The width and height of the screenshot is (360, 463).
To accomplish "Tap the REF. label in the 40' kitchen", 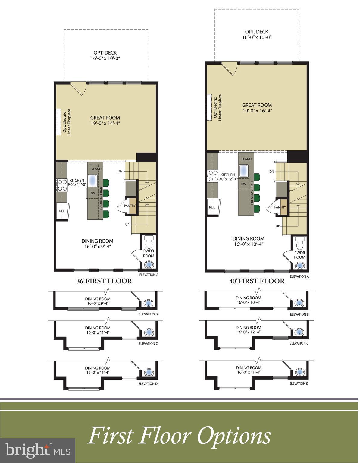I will [212, 207].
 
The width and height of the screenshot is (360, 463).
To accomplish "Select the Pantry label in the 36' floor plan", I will [130, 206].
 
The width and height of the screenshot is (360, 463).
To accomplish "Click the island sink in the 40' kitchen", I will [243, 171].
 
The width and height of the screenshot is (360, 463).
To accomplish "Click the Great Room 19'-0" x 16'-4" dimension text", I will [257, 111].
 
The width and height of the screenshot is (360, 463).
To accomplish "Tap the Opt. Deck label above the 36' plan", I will [105, 53].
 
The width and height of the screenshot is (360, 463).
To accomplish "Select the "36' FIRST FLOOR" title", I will [104, 281].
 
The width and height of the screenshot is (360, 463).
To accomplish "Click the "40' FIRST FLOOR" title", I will [257, 281].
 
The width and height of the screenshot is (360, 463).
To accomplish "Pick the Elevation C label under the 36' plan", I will [148, 344].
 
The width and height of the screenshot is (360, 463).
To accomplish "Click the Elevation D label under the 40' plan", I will [299, 383].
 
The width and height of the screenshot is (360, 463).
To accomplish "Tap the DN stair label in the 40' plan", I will [272, 172].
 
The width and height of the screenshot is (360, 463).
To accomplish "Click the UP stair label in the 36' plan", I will [127, 225].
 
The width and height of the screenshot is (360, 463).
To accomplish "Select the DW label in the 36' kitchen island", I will [92, 193].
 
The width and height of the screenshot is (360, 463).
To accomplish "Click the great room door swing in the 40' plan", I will [229, 69].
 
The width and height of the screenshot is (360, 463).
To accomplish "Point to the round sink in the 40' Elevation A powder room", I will [300, 266].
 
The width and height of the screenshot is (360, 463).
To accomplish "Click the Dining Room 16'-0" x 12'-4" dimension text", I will [249, 332].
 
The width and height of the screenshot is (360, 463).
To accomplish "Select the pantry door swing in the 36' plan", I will [121, 207].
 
